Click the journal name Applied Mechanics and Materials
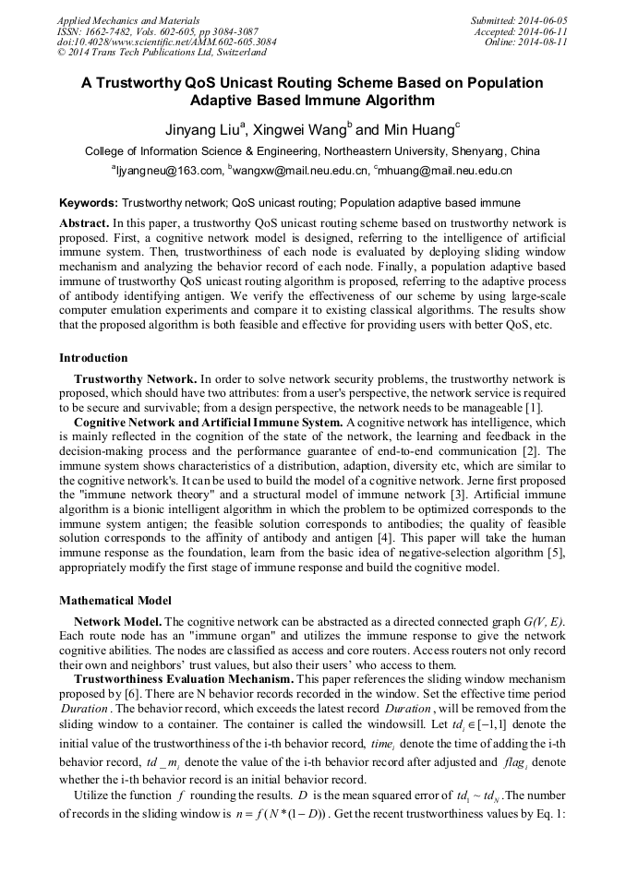(128, 19)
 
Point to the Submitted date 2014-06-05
(521, 19)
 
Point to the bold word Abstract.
(83, 223)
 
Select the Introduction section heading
(94, 358)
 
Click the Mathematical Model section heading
(115, 601)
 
